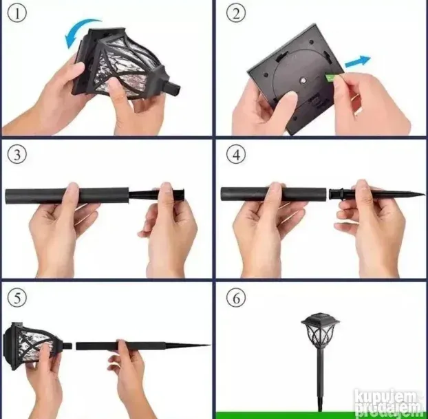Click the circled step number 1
tap(17, 14)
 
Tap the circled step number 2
tap(236, 14)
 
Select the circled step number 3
tap(17, 154)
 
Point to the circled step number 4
tap(236, 154)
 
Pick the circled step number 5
tap(17, 297)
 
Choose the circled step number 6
tap(236, 297)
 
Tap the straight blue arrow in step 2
tap(358, 61)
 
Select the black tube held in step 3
tap(67, 195)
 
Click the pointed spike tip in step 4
tap(424, 194)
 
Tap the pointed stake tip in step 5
tap(210, 345)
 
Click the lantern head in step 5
tap(33, 345)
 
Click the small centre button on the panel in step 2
tap(303, 80)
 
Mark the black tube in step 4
tap(274, 194)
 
